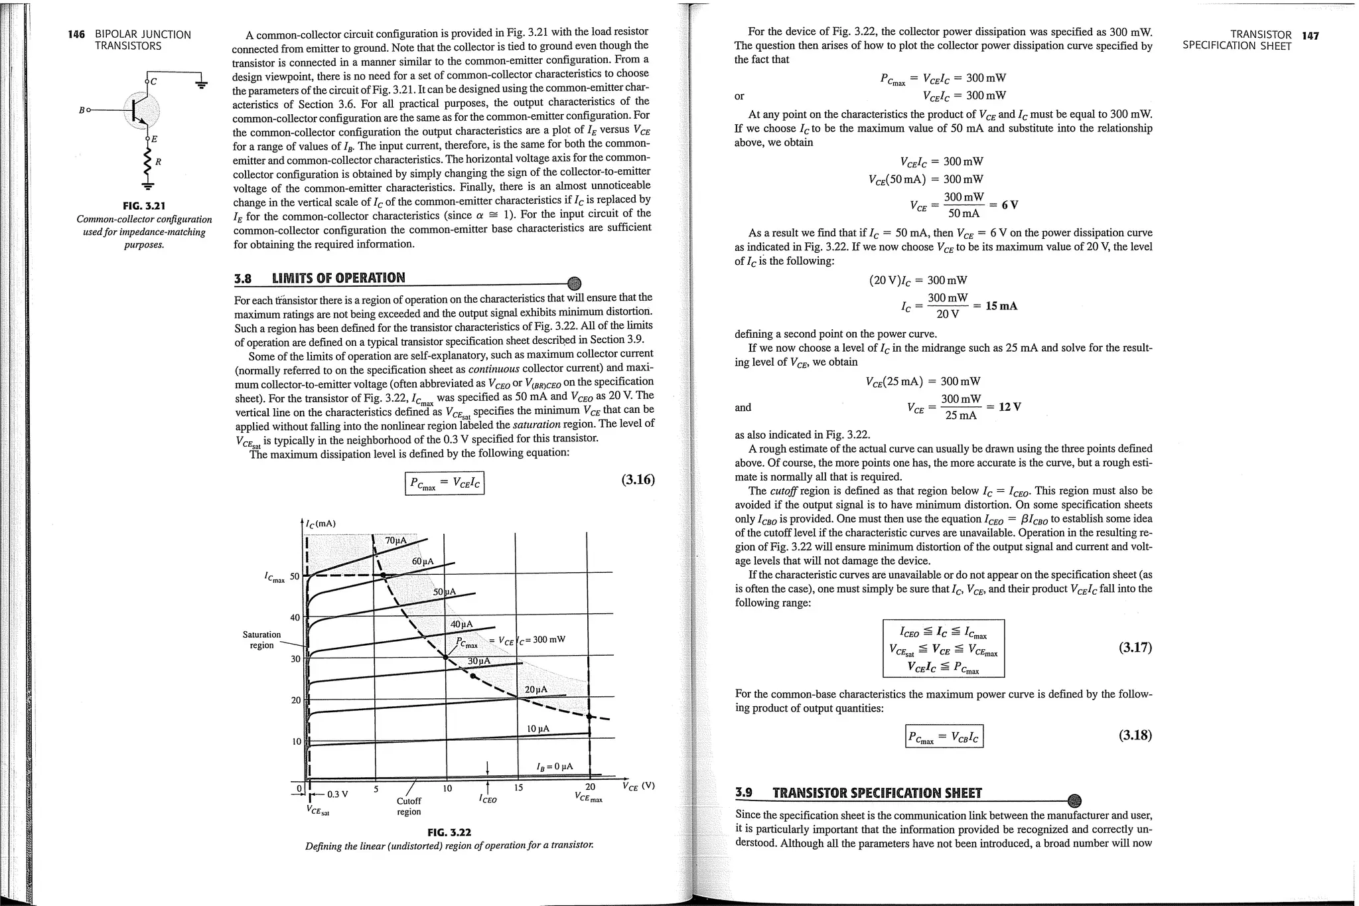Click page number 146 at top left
pyautogui.click(x=77, y=35)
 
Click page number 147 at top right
pyautogui.click(x=1310, y=35)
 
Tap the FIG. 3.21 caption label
pyautogui.click(x=144, y=205)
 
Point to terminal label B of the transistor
pyautogui.click(x=82, y=110)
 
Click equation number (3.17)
pyautogui.click(x=1135, y=648)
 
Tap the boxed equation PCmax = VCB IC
pyautogui.click(x=944, y=737)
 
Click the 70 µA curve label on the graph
pyautogui.click(x=395, y=540)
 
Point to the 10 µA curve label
pyautogui.click(x=537, y=728)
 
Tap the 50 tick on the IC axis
pyautogui.click(x=295, y=575)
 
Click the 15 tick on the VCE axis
pyautogui.click(x=519, y=788)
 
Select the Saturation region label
pyautogui.click(x=261, y=639)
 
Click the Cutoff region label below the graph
pyautogui.click(x=409, y=806)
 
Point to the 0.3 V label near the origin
pyautogui.click(x=338, y=794)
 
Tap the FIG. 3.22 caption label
pyautogui.click(x=449, y=832)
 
